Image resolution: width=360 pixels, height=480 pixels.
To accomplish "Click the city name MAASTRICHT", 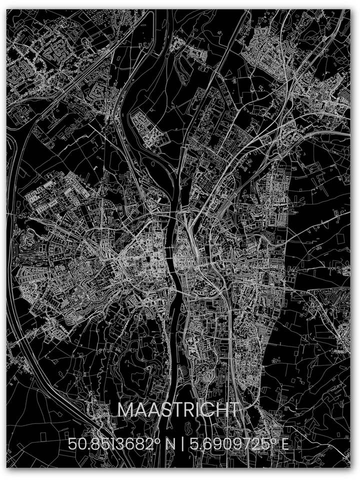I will pos(178,410).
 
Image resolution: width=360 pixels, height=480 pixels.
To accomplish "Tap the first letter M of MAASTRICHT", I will pos(125,410).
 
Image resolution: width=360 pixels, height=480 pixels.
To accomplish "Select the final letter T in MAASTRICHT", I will pos(232,410).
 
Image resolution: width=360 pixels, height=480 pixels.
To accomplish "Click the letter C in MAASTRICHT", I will pos(207,410).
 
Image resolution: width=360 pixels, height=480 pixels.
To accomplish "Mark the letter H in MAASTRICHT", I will pos(220,410).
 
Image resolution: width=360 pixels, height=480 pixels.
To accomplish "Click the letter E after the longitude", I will pos(284,443).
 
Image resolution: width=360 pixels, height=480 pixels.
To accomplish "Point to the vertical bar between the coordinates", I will pos(183,443).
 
